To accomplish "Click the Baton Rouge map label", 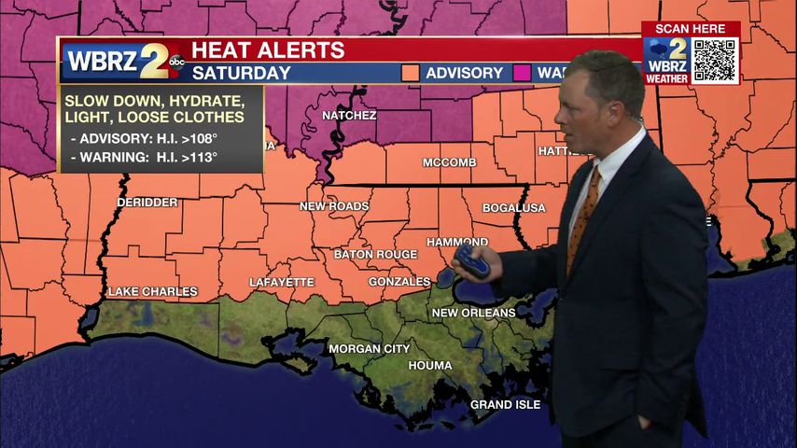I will pos(376,254).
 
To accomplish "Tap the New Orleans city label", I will pos(473,313).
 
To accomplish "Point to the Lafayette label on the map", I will pos(282,282).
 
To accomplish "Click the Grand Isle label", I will pos(505,405).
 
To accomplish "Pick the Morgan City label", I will pos(369,349).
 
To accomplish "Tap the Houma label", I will pos(430,366).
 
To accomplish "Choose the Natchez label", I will pos(349,116).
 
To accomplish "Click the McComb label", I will pos(450,162).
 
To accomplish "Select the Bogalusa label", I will pos(514,207).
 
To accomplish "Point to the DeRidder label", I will pos(147,203).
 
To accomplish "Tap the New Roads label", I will pos(334,206).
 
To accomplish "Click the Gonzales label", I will pos(399,282).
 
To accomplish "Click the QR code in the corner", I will pos(715,61).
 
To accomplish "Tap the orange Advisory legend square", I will pos(410,73).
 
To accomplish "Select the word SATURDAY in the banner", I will pos(241,73).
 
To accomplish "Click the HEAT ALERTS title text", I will pos(268,50).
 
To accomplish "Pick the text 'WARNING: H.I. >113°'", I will pos(145,157).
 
